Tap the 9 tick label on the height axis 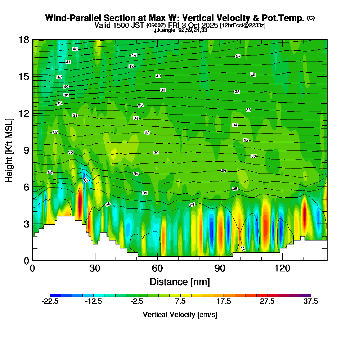click(x=26, y=150)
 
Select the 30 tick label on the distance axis click(x=95, y=269)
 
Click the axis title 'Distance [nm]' click(x=180, y=281)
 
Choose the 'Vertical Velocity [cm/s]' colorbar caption click(x=180, y=315)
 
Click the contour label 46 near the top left click(x=75, y=49)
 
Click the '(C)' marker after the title click(x=311, y=18)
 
